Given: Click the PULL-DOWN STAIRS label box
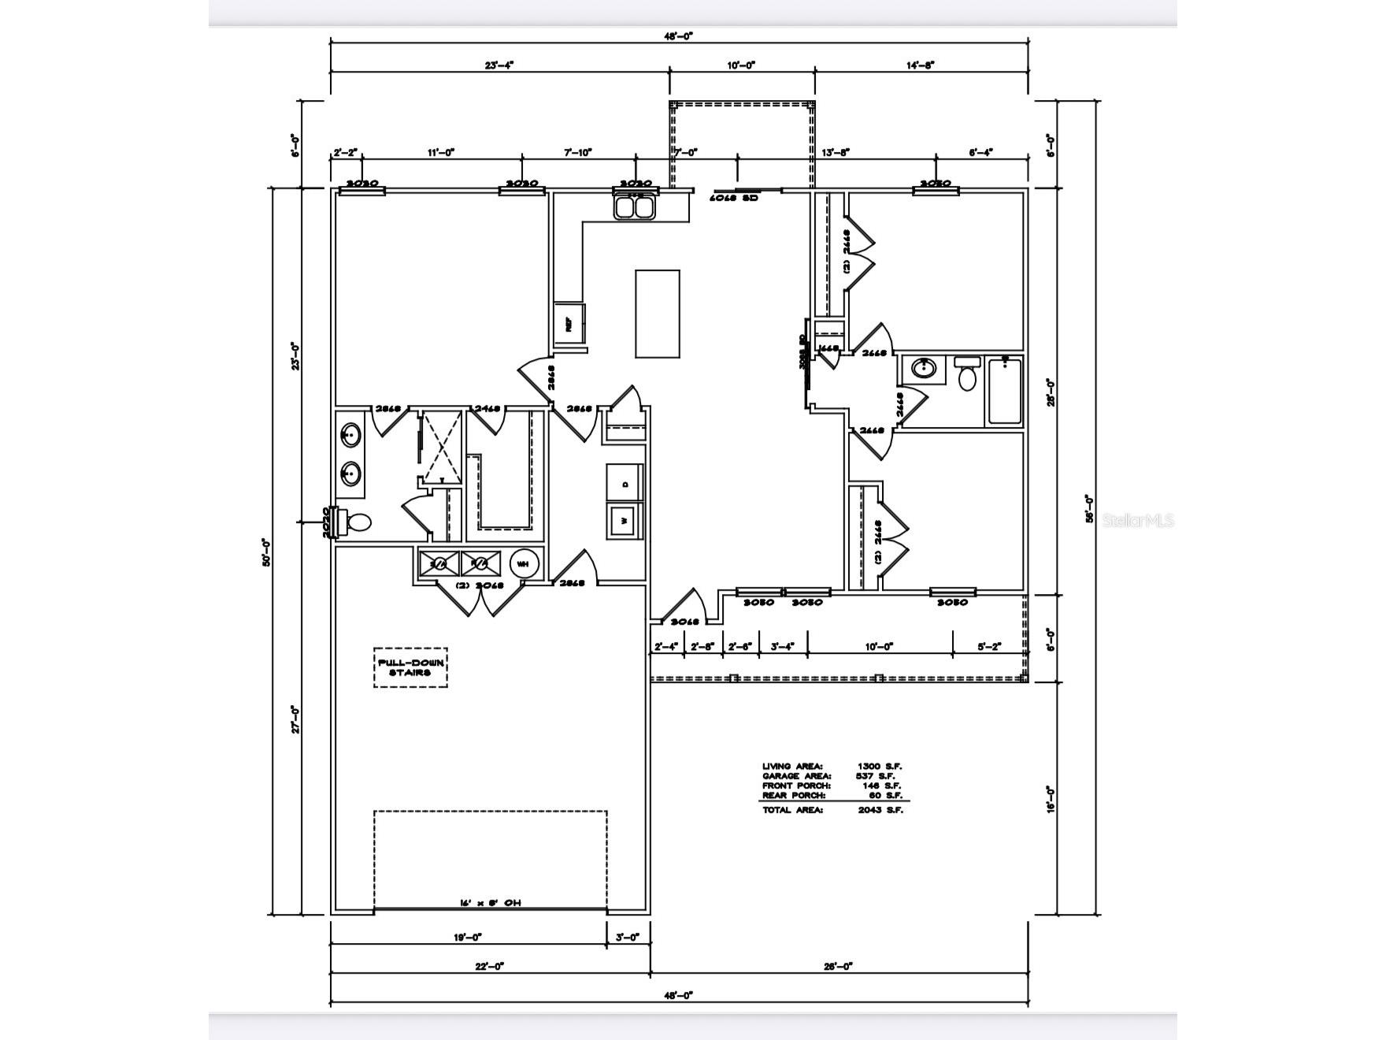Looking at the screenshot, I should click(410, 668).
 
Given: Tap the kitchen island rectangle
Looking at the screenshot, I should click(658, 314).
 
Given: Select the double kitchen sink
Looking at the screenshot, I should click(636, 207).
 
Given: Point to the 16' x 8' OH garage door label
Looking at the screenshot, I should click(490, 903).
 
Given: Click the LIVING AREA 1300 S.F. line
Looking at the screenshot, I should click(832, 766).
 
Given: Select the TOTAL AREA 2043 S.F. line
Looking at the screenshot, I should click(832, 810).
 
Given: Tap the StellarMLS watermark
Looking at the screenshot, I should click(1138, 521).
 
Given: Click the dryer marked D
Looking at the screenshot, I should click(624, 484).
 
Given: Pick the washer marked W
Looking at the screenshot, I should click(624, 521).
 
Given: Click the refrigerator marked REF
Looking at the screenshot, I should click(569, 323).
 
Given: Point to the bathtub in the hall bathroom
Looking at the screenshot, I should click(1004, 391).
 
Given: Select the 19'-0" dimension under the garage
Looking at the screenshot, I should click(467, 938).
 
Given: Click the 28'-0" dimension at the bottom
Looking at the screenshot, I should click(839, 966).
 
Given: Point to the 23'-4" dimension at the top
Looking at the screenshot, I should click(499, 65).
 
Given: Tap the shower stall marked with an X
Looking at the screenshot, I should click(441, 446).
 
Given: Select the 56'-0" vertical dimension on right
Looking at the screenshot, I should click(1089, 508).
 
